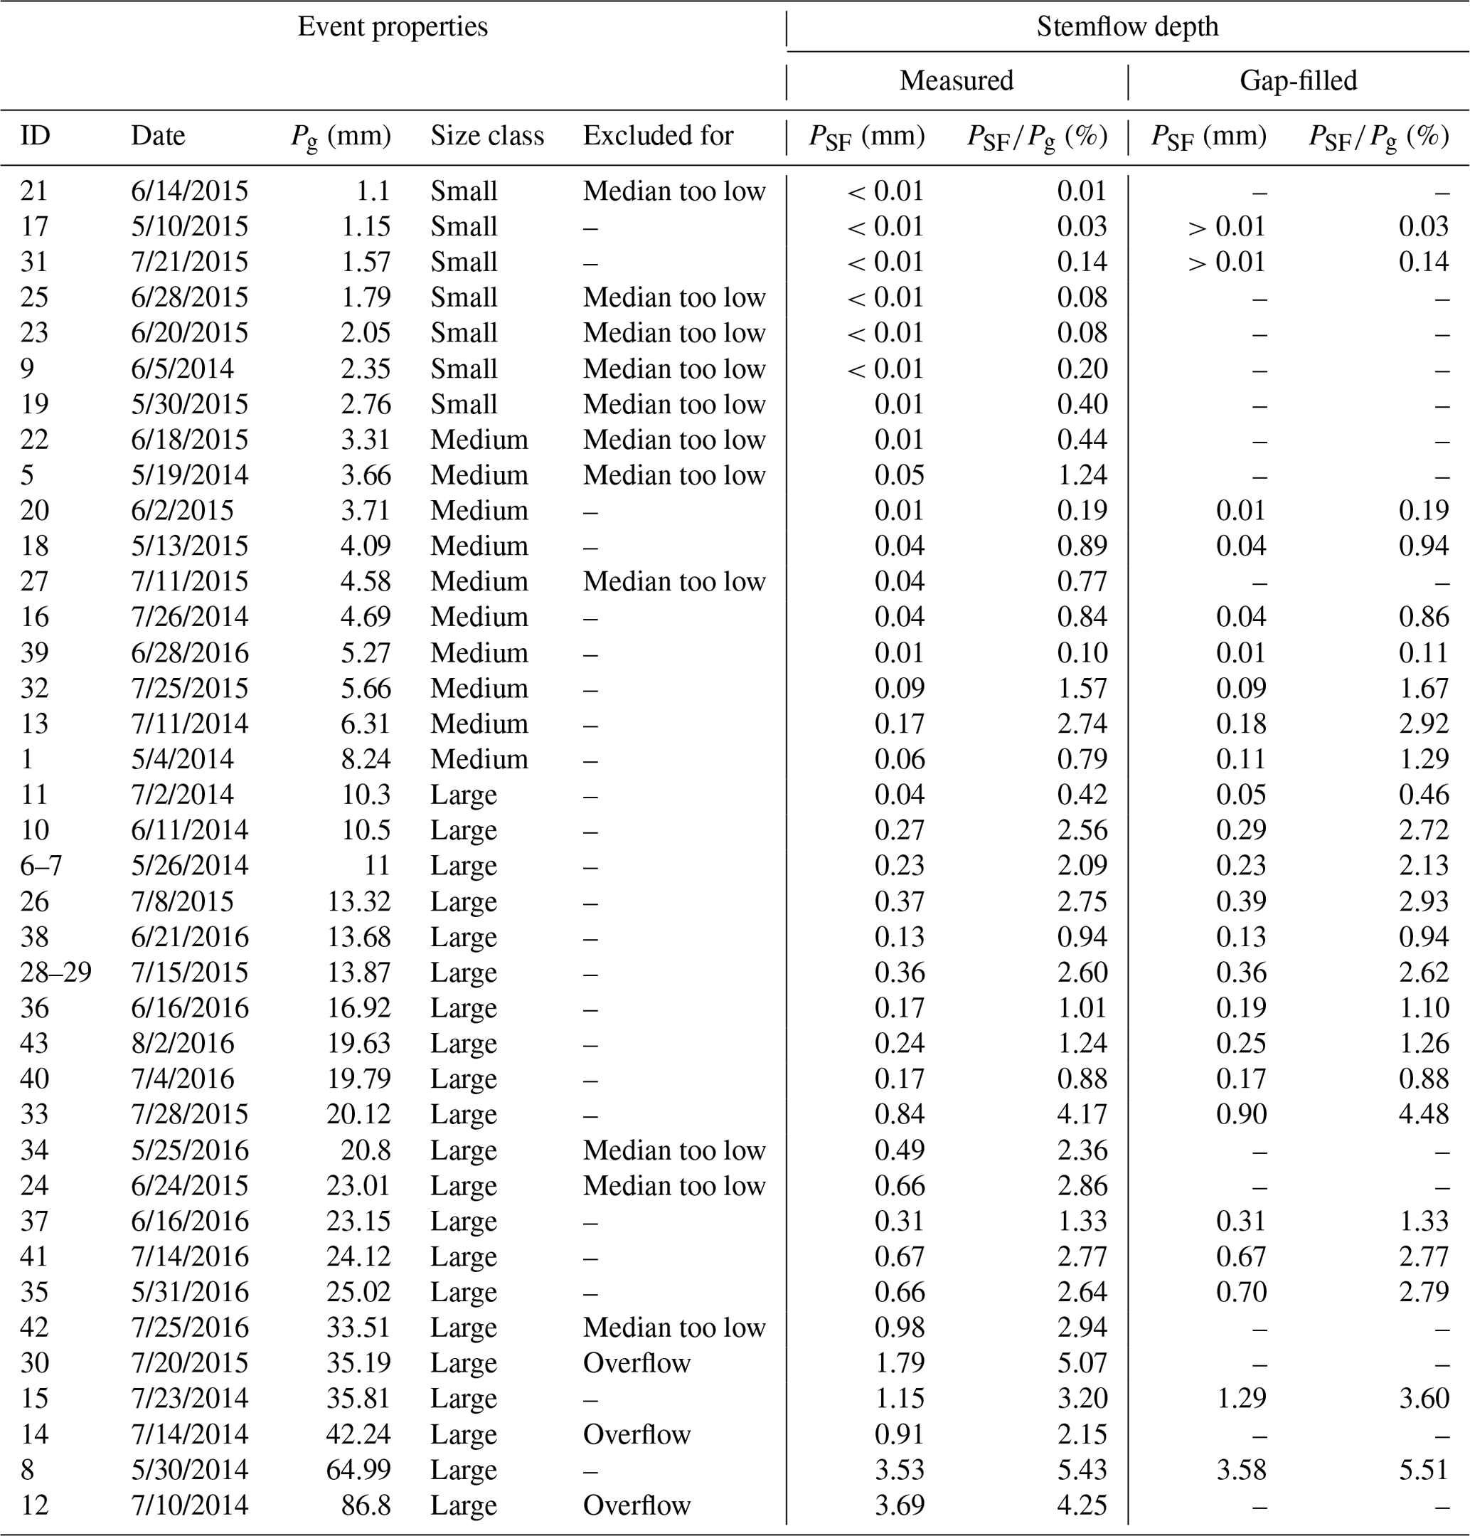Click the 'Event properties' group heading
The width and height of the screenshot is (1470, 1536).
click(x=393, y=26)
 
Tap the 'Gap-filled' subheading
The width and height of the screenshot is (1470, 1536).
click(x=1298, y=80)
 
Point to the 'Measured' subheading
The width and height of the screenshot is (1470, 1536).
click(x=956, y=80)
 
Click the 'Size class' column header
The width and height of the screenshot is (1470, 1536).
click(x=486, y=137)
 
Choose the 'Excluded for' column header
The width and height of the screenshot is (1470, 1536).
click(x=659, y=137)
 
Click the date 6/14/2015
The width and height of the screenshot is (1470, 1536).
click(x=189, y=191)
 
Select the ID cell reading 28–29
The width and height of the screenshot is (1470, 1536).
click(x=55, y=973)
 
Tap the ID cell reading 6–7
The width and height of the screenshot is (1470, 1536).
click(x=41, y=866)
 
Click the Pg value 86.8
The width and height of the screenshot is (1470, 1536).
click(x=366, y=1505)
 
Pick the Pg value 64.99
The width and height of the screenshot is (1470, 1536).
click(x=358, y=1470)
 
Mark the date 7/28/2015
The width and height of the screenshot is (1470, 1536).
click(x=189, y=1114)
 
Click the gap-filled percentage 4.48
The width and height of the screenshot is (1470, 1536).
click(x=1423, y=1114)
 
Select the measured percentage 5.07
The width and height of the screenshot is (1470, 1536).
click(x=1082, y=1363)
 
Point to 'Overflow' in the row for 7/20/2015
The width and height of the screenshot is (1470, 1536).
click(x=637, y=1363)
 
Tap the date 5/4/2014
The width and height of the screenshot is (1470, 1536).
click(x=182, y=759)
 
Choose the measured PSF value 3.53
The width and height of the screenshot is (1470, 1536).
click(x=900, y=1470)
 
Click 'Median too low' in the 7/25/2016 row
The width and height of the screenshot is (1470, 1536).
click(x=674, y=1328)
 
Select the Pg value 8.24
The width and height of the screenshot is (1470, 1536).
click(x=365, y=759)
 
